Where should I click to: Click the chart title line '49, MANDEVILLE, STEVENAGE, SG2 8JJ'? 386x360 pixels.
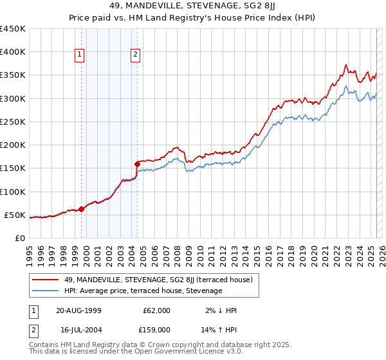(192, 7)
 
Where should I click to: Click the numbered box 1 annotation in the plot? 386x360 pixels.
(78, 55)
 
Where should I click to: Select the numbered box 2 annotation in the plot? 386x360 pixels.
(136, 55)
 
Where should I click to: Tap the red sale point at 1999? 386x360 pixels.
(82, 209)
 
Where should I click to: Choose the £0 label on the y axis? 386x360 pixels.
(20, 238)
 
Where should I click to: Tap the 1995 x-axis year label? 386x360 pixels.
(29, 253)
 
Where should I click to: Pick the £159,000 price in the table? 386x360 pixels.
(156, 329)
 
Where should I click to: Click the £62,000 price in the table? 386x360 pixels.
(156, 310)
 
